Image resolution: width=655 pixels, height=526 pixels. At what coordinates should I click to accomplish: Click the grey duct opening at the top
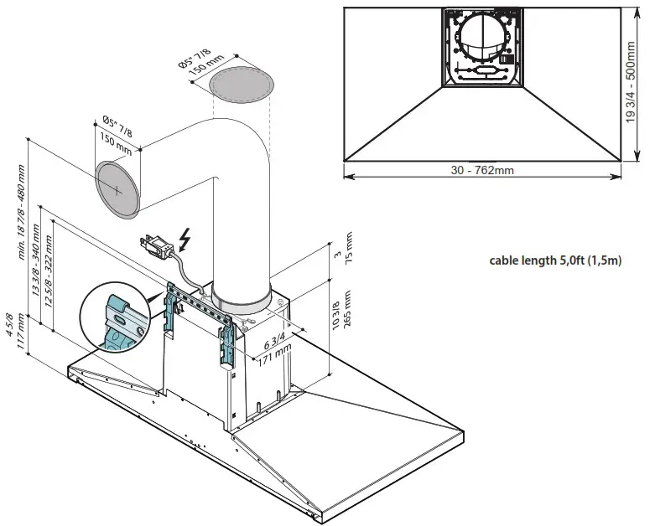(x=242, y=85)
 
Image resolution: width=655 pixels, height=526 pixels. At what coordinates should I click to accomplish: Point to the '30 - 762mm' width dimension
(x=481, y=169)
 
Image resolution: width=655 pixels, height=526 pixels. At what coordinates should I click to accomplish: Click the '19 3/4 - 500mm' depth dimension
(x=632, y=84)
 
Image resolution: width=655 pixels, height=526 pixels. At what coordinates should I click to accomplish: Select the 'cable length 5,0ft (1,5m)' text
(x=555, y=260)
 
